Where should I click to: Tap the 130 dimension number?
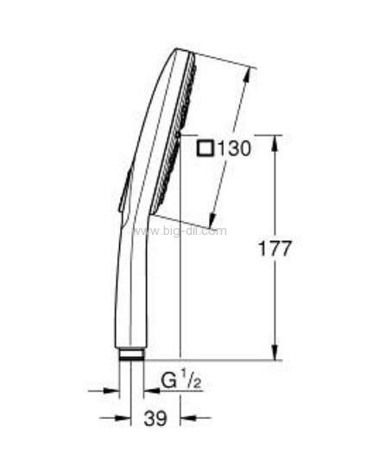(x=234, y=149)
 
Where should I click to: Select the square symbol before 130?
(x=205, y=149)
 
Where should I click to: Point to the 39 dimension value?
(x=155, y=418)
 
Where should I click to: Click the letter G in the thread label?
(x=169, y=381)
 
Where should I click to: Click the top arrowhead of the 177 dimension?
(x=275, y=144)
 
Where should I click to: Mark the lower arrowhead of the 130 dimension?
(x=212, y=220)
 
